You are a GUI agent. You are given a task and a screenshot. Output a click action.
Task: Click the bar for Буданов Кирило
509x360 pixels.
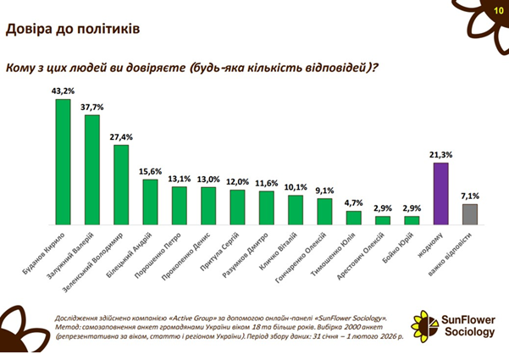pyautogui.click(x=62, y=161)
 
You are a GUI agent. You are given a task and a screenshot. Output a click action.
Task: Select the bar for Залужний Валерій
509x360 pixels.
pyautogui.click(x=91, y=169)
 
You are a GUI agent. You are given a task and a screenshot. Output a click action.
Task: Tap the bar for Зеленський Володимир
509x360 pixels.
pyautogui.click(x=120, y=184)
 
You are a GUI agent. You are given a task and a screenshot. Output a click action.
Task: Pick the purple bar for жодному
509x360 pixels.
pyautogui.click(x=440, y=192)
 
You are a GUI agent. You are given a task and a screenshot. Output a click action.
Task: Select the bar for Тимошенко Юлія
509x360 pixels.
pyautogui.click(x=353, y=217)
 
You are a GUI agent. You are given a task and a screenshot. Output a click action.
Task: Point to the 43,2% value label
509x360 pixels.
pyautogui.click(x=62, y=91)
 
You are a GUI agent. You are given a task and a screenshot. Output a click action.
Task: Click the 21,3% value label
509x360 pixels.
pyautogui.click(x=440, y=155)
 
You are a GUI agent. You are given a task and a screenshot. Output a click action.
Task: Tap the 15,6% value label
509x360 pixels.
pyautogui.click(x=150, y=171)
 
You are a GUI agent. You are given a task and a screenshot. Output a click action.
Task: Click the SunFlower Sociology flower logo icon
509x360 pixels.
pyautogui.click(x=424, y=323)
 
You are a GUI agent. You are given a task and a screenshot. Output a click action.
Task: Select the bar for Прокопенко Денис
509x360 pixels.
pyautogui.click(x=207, y=205)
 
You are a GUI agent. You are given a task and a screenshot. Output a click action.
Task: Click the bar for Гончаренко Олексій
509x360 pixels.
pyautogui.click(x=324, y=210)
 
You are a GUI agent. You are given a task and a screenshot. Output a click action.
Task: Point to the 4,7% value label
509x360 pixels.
pyautogui.click(x=353, y=203)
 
